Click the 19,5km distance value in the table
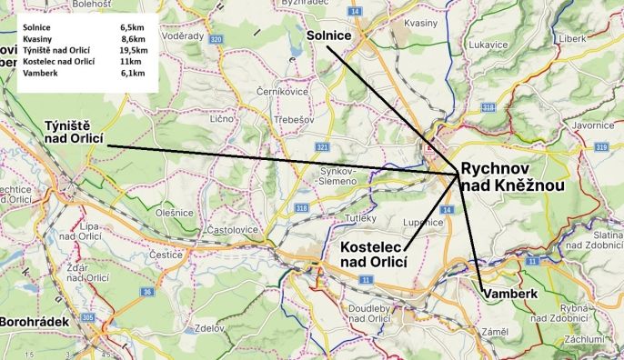[133, 50]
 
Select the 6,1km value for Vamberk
[133, 72]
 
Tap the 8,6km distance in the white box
[133, 39]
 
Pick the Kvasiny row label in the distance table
[37, 39]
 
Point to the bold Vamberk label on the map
[512, 295]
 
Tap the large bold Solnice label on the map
[329, 35]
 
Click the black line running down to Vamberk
[468, 231]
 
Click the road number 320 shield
[215, 40]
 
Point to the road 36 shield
[146, 291]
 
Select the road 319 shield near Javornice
[601, 146]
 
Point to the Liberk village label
[572, 39]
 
